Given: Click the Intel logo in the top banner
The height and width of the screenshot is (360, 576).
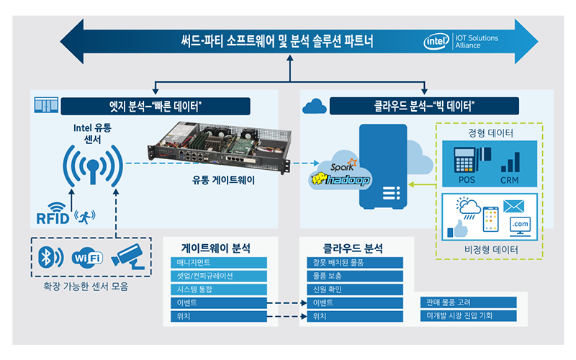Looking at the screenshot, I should coord(437,40).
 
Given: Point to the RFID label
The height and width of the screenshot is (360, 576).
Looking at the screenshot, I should coord(52,216).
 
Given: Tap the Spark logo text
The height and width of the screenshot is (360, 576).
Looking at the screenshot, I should coord(343,168).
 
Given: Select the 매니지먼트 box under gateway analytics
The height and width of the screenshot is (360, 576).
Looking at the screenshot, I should coord(219,264).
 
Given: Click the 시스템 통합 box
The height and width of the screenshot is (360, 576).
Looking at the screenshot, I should coord(219,289).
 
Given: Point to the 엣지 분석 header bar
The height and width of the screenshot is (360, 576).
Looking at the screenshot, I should coord(155,107).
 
